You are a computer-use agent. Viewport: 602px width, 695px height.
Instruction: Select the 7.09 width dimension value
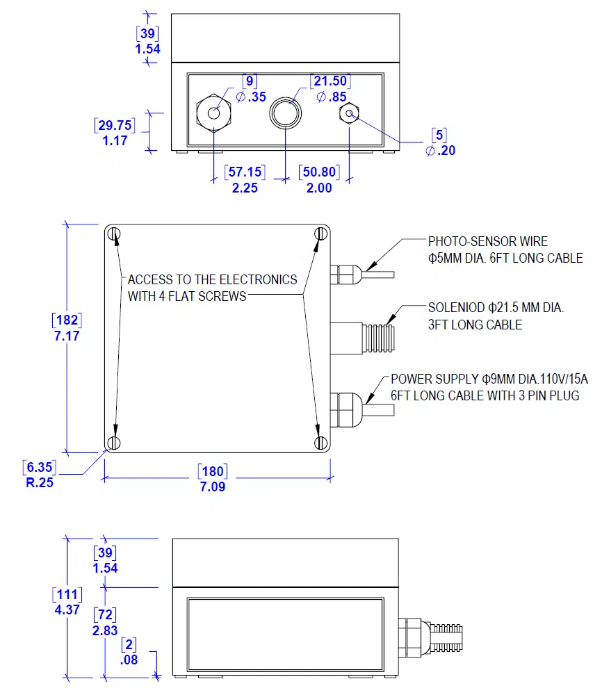pos(213,486)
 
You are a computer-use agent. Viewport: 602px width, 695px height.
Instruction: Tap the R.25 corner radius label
pos(40,482)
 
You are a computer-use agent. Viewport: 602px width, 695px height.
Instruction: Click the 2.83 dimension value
pos(104,630)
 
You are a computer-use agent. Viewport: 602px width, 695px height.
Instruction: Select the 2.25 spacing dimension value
pos(245,188)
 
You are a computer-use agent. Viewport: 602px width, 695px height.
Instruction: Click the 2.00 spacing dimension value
pos(319,188)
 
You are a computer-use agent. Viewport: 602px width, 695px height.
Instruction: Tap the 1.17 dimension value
pos(115,141)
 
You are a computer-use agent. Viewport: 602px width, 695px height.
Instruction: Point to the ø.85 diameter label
pos(332,97)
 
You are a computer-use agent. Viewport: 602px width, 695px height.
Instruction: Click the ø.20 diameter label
pos(441,150)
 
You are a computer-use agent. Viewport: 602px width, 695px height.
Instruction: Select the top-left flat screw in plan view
pos(115,234)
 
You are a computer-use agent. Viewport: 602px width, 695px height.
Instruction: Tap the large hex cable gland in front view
pos(213,113)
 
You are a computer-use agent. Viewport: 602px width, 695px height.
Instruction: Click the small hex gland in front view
pos(348,113)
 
